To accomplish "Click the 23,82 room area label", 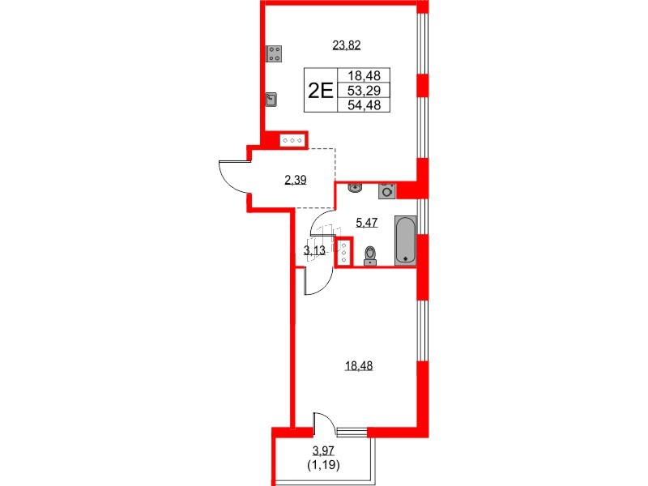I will pyautogui.click(x=346, y=45).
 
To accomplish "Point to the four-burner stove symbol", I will pyautogui.click(x=274, y=54).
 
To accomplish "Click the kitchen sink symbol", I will pyautogui.click(x=272, y=100).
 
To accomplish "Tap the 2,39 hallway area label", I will pyautogui.click(x=295, y=180).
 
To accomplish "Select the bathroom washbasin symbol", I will pyautogui.click(x=354, y=189).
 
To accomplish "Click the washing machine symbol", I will pyautogui.click(x=388, y=191).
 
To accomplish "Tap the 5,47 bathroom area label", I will pyautogui.click(x=367, y=220).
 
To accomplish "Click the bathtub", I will pyautogui.click(x=406, y=240).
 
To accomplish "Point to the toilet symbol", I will pyautogui.click(x=371, y=255).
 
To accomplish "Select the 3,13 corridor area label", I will pyautogui.click(x=314, y=250).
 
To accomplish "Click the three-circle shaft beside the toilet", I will pyautogui.click(x=344, y=253).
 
